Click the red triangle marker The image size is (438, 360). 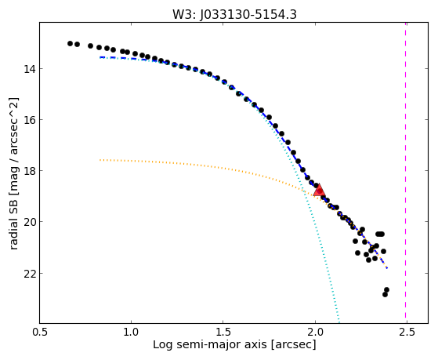coord(319,191)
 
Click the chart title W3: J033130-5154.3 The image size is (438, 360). coord(234,15)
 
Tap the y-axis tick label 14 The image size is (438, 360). coord(29,69)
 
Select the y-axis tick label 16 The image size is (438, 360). coord(29,120)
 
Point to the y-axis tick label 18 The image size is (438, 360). coord(29,171)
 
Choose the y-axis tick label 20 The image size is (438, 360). coord(29,222)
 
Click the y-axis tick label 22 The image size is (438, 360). coord(29,273)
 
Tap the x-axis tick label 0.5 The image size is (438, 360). coord(39,332)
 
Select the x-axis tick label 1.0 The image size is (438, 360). coord(131,332)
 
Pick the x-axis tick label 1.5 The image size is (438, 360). coord(223,332)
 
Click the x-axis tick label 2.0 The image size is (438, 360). coord(315,332)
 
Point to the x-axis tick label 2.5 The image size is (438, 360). coord(407,332)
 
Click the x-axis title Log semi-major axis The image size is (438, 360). coord(210,345)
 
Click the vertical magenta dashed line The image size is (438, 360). coord(405,173)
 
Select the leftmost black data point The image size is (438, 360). coord(70,43)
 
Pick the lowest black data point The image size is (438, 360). coord(385,294)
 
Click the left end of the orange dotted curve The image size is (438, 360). coord(100,160)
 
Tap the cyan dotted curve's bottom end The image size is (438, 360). coord(338,322)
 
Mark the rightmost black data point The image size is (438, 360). coord(386,289)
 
